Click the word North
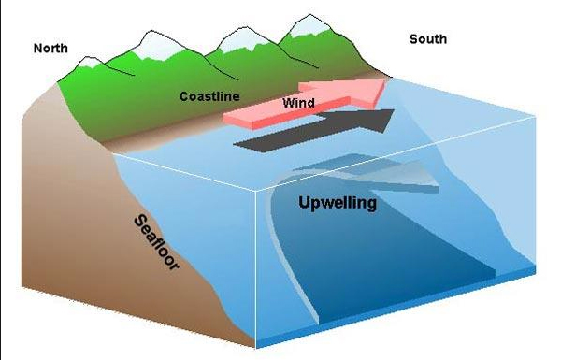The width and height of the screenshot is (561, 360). (52, 47)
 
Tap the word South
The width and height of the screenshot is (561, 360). (428, 39)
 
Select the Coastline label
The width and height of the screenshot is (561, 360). (209, 96)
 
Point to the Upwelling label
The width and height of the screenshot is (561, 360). (338, 202)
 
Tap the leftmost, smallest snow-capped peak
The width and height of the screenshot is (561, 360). (89, 63)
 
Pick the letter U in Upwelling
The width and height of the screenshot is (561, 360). (304, 202)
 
